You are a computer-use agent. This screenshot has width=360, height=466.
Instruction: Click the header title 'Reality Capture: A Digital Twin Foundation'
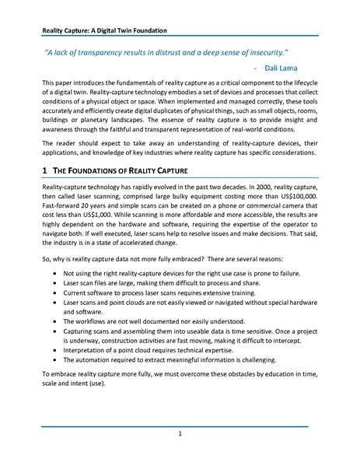pos(106,30)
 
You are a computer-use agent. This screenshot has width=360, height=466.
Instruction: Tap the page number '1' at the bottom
pos(180,433)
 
